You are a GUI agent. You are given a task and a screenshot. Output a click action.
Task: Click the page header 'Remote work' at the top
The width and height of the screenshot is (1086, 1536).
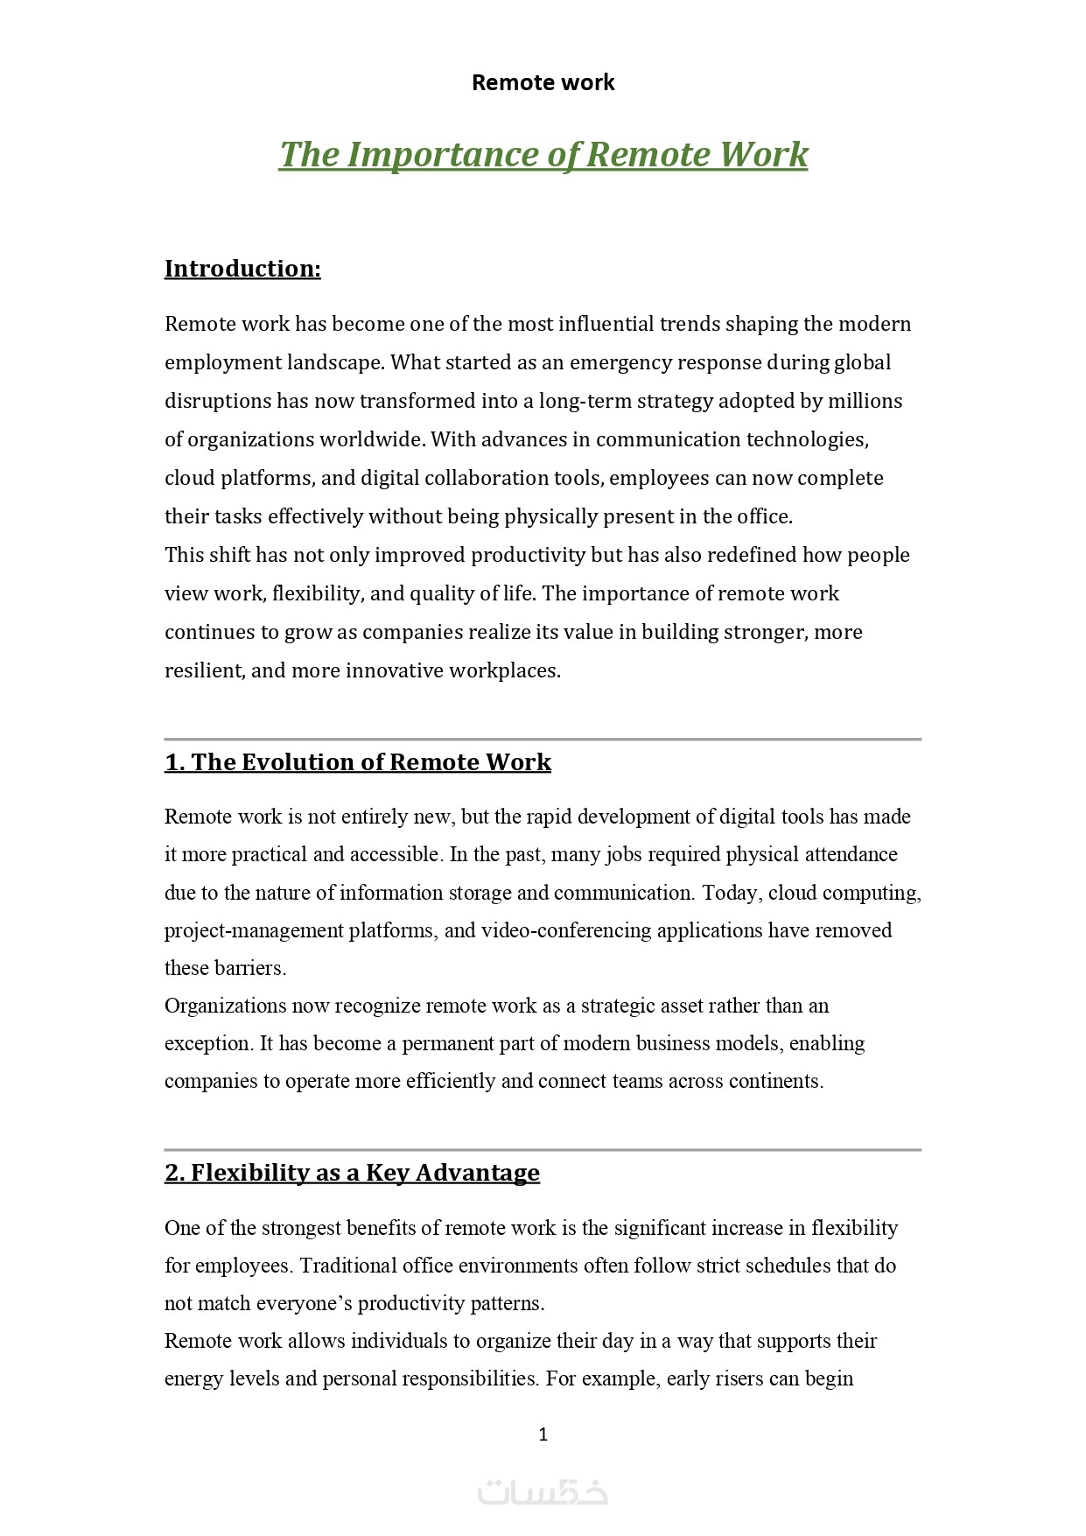point(543,82)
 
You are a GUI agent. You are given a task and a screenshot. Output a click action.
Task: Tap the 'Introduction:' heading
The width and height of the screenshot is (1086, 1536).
point(242,269)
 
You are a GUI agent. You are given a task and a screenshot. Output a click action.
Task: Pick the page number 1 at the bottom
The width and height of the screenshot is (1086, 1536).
point(543,1434)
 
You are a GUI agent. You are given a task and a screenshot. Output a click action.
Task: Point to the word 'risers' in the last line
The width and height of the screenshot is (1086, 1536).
point(736,1378)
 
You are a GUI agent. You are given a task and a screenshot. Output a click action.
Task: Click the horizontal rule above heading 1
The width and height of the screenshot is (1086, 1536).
point(543,740)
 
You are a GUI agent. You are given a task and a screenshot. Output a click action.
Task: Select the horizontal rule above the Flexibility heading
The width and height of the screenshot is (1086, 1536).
point(543,1150)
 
